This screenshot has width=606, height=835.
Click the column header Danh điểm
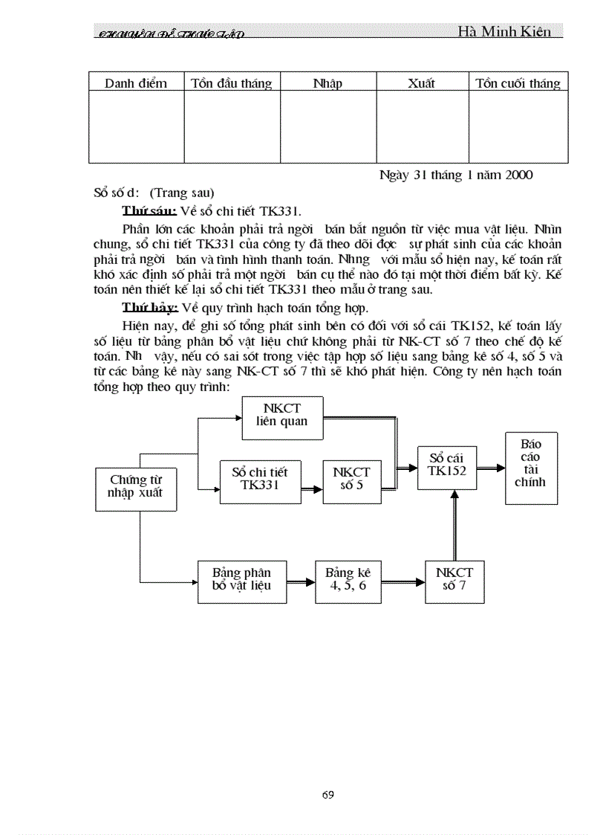(136, 83)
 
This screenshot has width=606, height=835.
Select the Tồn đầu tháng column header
(232, 83)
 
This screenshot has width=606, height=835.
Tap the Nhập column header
(328, 83)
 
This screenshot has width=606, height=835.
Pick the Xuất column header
(421, 83)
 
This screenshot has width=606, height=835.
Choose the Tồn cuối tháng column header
(518, 83)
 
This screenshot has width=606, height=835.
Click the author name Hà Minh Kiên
(504, 31)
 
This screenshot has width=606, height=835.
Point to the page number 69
(328, 795)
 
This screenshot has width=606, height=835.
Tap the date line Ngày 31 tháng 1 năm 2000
(456, 175)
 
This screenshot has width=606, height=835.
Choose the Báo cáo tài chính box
(530, 468)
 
